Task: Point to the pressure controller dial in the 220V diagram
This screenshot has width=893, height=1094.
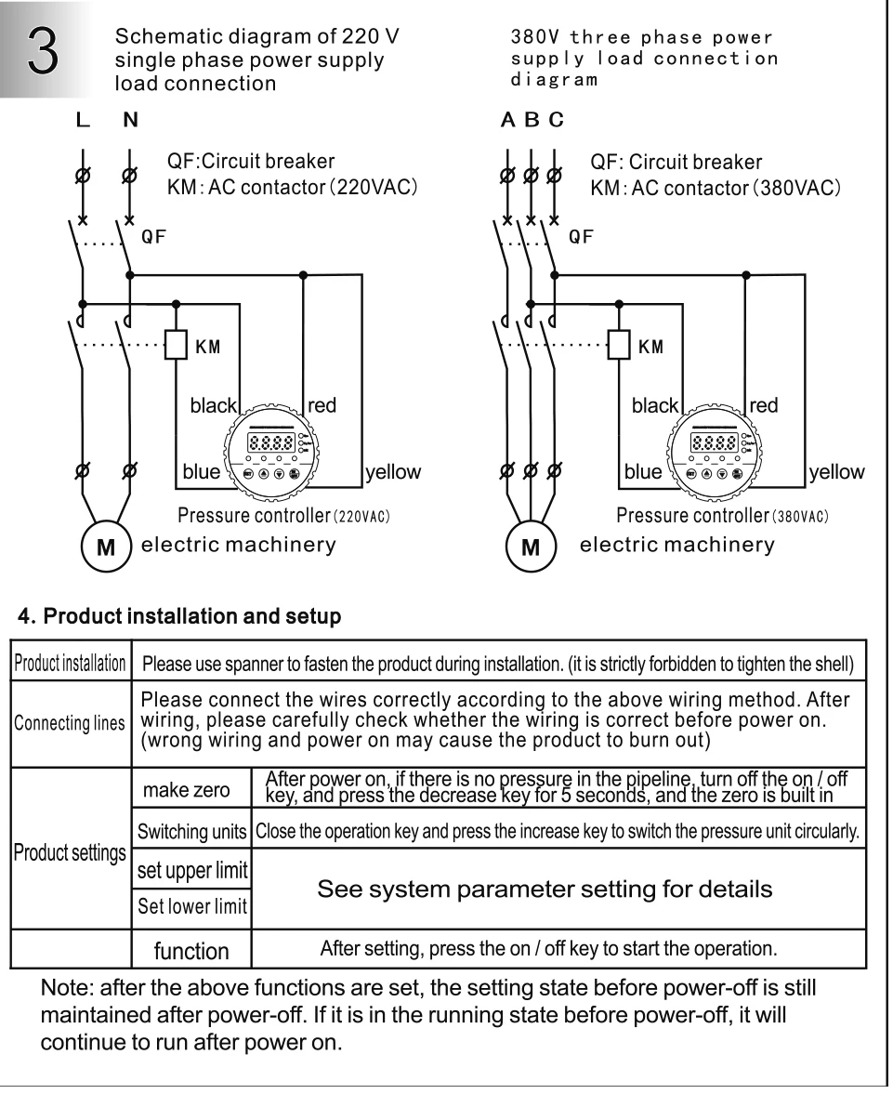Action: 273,451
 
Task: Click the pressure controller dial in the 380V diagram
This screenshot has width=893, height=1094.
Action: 716,451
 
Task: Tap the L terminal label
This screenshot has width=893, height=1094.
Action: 82,122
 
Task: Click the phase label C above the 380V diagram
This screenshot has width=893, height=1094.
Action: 556,122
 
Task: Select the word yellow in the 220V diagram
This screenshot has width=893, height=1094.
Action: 393,472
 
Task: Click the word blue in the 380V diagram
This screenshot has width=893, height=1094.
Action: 643,472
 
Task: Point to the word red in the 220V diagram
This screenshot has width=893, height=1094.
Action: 322,406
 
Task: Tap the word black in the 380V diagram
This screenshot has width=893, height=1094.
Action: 655,406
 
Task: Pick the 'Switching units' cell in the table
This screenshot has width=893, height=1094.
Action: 191,830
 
